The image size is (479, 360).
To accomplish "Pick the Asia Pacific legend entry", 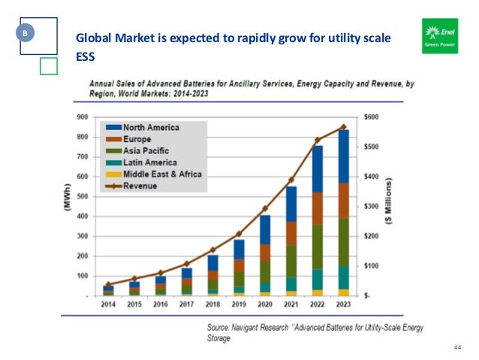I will click(x=139, y=150).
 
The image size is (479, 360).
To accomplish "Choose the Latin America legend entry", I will click(x=141, y=162).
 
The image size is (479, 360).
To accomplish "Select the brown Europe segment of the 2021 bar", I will click(x=291, y=233).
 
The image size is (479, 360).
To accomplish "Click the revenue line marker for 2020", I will click(x=264, y=208).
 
